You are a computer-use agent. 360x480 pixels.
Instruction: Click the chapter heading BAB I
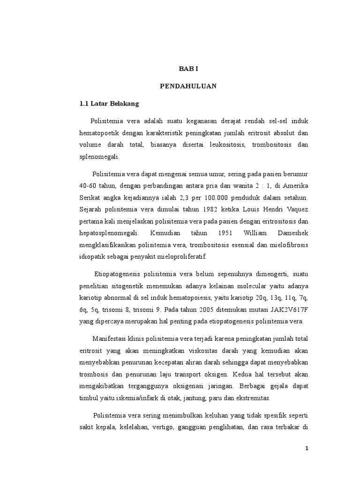pos(189,69)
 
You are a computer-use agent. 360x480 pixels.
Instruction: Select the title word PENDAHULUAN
pos(189,86)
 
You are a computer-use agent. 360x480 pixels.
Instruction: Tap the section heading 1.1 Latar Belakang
pos(105,104)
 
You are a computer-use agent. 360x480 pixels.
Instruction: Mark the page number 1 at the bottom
pos(307,449)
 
